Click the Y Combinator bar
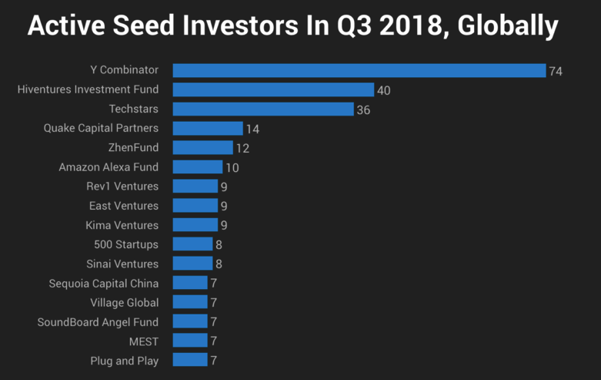tap(359, 71)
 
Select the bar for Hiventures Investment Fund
tap(273, 90)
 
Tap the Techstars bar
tap(263, 109)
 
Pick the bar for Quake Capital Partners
tap(207, 129)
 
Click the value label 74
tap(556, 71)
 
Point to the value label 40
tap(383, 90)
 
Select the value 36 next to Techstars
tap(363, 109)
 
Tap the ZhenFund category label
tap(134, 148)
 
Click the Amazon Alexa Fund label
tap(109, 167)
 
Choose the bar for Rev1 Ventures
tap(195, 187)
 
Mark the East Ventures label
tap(124, 206)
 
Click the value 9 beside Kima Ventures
tap(224, 225)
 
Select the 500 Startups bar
tap(192, 244)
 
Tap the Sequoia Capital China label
tap(104, 283)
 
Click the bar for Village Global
tap(190, 302)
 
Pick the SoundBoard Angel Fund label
tap(98, 321)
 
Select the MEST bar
tap(190, 341)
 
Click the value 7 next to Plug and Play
tap(213, 360)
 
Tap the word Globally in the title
tap(507, 27)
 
